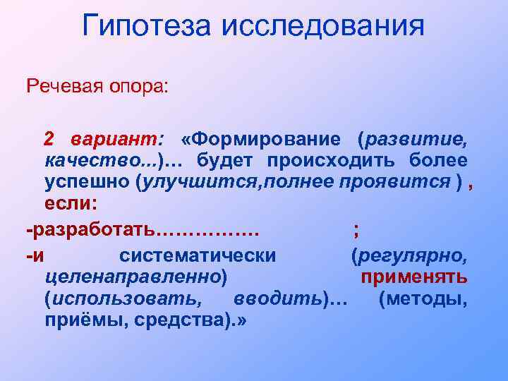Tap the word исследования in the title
(324, 27)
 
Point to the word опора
(138, 87)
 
